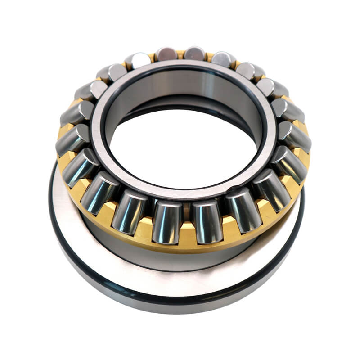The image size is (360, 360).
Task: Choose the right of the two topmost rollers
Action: (x=194, y=53)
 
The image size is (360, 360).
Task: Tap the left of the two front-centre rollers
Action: (x=167, y=221)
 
